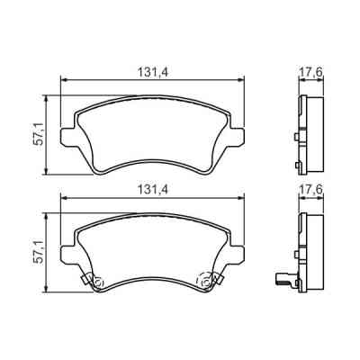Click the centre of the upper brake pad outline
tap(152, 135)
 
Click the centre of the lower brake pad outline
tap(152, 252)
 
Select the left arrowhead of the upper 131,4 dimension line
tap(63, 80)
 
